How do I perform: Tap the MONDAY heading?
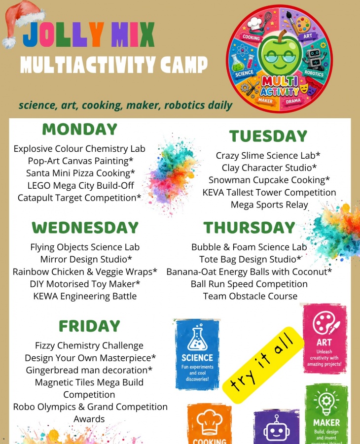coord(80,130)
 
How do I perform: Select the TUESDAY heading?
coord(268,136)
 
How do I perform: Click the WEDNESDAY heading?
coord(85,228)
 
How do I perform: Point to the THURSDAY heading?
coord(249,228)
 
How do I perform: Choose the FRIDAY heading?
coord(89,326)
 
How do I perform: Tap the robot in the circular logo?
coord(314,58)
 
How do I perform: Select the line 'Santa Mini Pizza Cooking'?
coord(80,173)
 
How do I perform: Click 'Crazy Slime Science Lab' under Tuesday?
coord(268,155)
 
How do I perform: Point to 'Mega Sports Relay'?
coord(269,205)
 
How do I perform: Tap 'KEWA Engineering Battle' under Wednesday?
coord(85,296)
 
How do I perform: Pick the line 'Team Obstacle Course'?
coord(251,296)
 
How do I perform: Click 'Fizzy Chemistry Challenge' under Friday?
coord(89,346)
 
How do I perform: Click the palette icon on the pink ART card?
coord(325,323)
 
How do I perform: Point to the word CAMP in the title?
coord(184,65)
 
